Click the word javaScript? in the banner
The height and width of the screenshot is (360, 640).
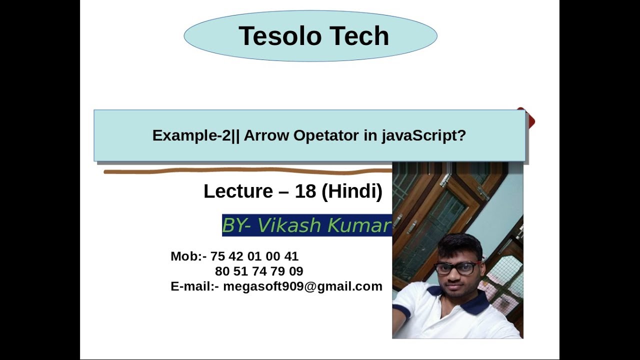(x=423, y=135)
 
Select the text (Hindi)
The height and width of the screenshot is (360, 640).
(x=352, y=191)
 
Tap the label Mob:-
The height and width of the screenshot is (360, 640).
(x=188, y=256)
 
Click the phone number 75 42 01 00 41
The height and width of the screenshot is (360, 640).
(x=254, y=256)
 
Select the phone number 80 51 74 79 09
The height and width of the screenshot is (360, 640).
(x=259, y=271)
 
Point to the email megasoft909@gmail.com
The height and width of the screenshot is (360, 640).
(x=302, y=286)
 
